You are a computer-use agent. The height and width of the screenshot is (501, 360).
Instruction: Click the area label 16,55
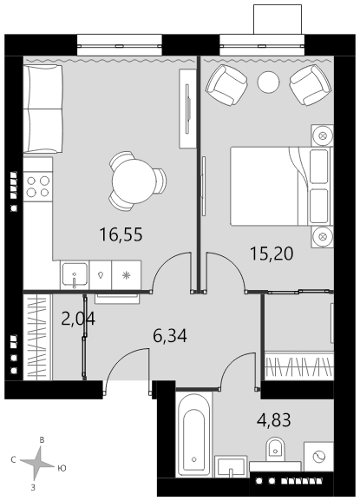[121, 234]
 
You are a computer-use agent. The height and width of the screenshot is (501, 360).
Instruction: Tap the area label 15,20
[272, 254]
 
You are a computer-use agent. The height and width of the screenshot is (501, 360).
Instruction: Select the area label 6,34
[170, 336]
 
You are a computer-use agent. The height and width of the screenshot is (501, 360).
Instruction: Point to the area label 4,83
[274, 420]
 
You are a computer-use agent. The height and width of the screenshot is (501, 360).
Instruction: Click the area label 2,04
[78, 319]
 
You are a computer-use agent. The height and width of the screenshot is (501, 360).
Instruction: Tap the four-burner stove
[37, 187]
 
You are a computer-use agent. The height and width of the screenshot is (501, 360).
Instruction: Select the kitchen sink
[75, 274]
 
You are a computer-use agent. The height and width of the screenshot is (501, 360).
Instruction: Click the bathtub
[193, 434]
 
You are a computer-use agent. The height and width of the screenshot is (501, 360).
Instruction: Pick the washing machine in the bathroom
[318, 457]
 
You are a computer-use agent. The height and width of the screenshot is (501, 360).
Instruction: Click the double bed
[281, 186]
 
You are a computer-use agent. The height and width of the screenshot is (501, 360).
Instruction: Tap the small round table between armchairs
[268, 82]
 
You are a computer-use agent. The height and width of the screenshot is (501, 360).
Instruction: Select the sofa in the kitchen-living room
[43, 109]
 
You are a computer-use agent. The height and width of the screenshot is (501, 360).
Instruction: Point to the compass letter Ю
[62, 468]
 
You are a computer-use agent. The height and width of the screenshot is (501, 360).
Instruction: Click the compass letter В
[42, 440]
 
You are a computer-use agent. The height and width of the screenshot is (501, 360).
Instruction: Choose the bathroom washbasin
[231, 466]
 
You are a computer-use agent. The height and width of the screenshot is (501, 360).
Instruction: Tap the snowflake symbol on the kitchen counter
[127, 275]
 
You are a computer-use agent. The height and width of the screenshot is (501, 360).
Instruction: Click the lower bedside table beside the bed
[323, 237]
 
